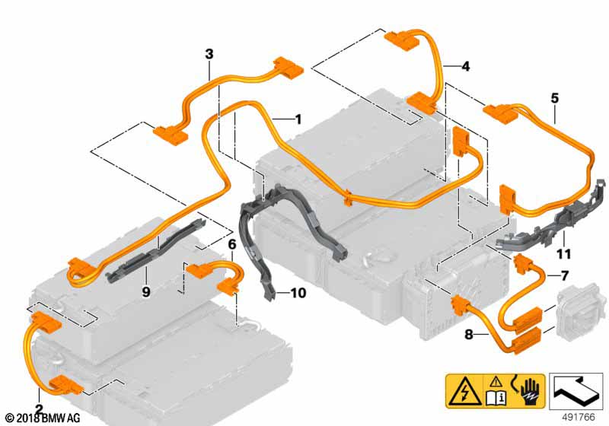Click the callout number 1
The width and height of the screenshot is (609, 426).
298,119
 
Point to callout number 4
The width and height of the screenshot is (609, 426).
465,66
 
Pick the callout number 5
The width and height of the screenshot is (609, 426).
554,97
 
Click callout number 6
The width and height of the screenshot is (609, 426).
232,244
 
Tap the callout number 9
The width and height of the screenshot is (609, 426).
146,289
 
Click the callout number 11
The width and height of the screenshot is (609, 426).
564,253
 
